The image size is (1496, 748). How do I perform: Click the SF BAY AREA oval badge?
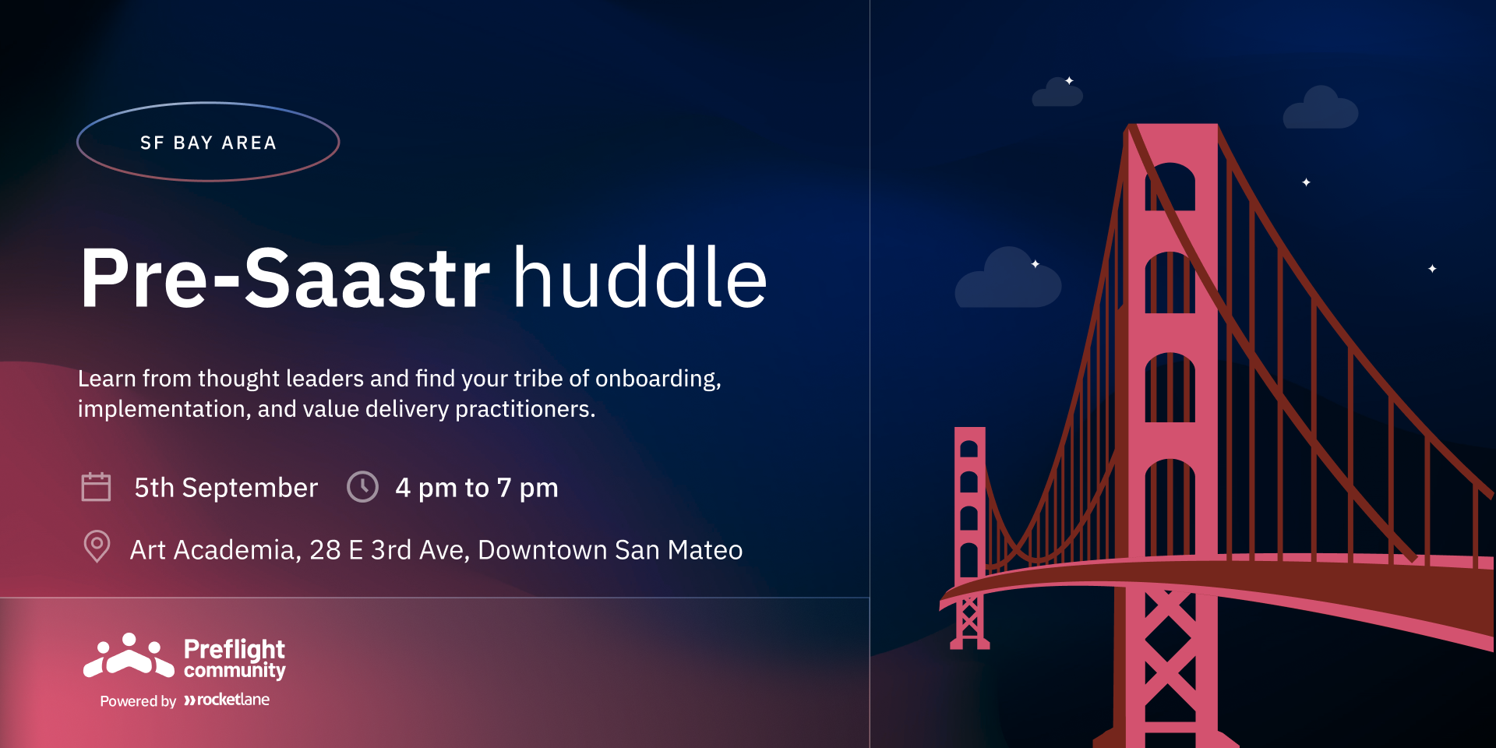(x=208, y=103)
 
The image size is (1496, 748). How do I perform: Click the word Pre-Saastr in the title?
(x=285, y=278)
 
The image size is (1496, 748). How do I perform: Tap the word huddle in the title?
(x=640, y=277)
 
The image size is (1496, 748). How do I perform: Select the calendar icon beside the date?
(x=96, y=487)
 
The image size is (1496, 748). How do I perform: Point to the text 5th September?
(x=226, y=488)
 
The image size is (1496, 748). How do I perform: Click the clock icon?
(x=362, y=487)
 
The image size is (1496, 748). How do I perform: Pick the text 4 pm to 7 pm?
(x=477, y=489)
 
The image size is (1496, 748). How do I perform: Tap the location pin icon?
(x=97, y=546)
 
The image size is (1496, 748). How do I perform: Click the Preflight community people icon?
(x=129, y=655)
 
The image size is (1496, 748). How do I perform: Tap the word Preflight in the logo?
(x=235, y=649)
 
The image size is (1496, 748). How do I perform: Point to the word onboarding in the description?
(x=658, y=379)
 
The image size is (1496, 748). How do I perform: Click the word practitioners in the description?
(x=525, y=410)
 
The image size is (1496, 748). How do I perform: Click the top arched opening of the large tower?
(x=1170, y=187)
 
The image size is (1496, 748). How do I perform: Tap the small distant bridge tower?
(x=969, y=538)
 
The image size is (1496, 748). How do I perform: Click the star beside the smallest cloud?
(x=1069, y=80)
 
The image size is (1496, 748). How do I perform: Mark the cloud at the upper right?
(x=1321, y=108)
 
